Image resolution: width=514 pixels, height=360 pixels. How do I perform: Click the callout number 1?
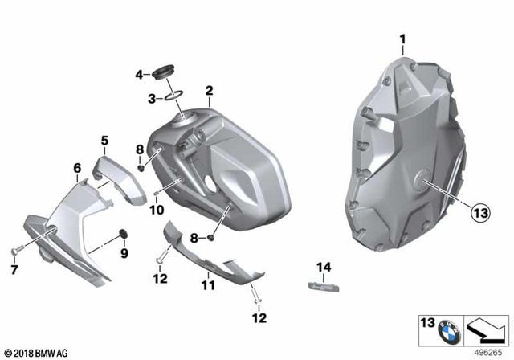pyautogui.click(x=404, y=38)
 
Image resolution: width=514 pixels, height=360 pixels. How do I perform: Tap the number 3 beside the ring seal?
pyautogui.click(x=150, y=98)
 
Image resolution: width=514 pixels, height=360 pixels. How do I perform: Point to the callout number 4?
pyautogui.click(x=138, y=76)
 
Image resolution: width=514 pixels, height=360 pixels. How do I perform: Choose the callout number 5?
pyautogui.click(x=104, y=141)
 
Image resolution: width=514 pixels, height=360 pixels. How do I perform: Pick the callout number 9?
pyautogui.click(x=124, y=254)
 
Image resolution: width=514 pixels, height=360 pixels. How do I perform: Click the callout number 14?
pyautogui.click(x=322, y=266)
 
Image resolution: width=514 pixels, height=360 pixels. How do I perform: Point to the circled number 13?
pyautogui.click(x=479, y=213)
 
